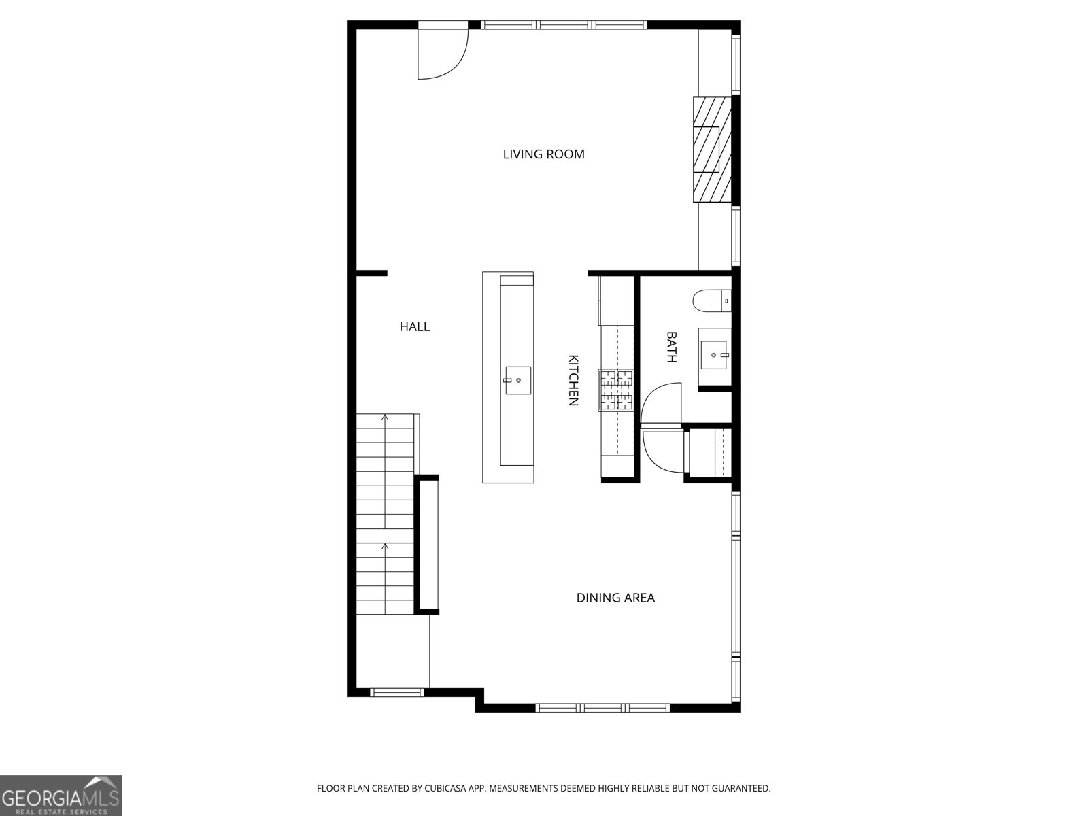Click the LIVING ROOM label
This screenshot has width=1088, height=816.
click(543, 154)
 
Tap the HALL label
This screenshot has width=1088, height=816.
click(414, 327)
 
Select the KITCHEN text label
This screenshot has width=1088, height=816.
click(573, 380)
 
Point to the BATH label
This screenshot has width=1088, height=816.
click(671, 347)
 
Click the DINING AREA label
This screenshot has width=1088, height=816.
click(615, 598)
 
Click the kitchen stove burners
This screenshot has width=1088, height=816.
click(616, 390)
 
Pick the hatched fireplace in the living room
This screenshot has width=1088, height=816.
click(711, 150)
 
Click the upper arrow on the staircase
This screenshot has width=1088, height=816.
click(385, 418)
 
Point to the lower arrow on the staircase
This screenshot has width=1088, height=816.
click(385, 546)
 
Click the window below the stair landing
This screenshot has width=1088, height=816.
click(397, 692)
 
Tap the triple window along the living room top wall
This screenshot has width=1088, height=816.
click(564, 25)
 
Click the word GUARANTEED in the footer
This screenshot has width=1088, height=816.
click(739, 789)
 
